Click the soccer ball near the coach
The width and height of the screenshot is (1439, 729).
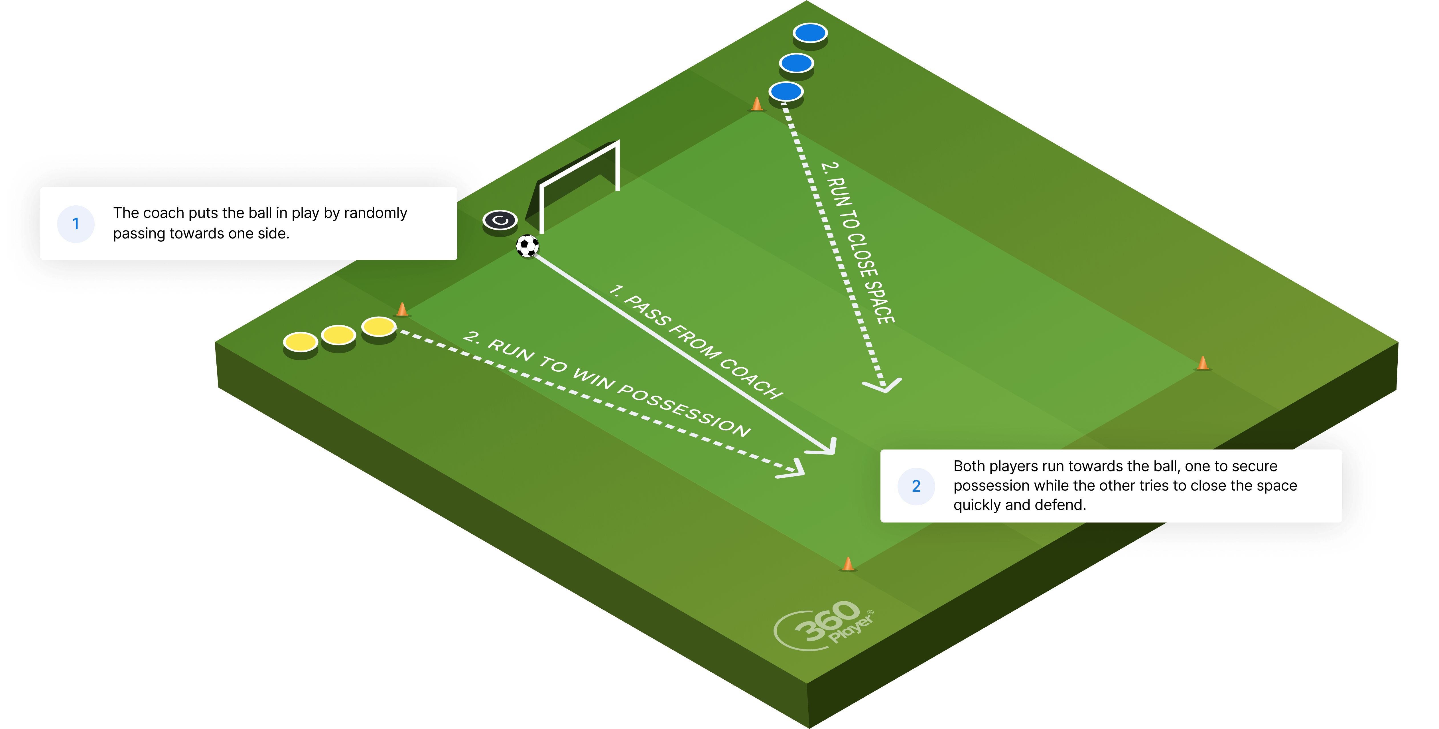(x=527, y=246)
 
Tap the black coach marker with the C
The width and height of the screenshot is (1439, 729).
(x=500, y=221)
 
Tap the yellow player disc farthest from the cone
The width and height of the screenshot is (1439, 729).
(x=301, y=344)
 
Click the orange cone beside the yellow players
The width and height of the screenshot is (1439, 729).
(x=402, y=309)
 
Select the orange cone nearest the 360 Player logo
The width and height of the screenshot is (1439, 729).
(x=848, y=564)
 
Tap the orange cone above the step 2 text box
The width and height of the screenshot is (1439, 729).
(x=1203, y=364)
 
